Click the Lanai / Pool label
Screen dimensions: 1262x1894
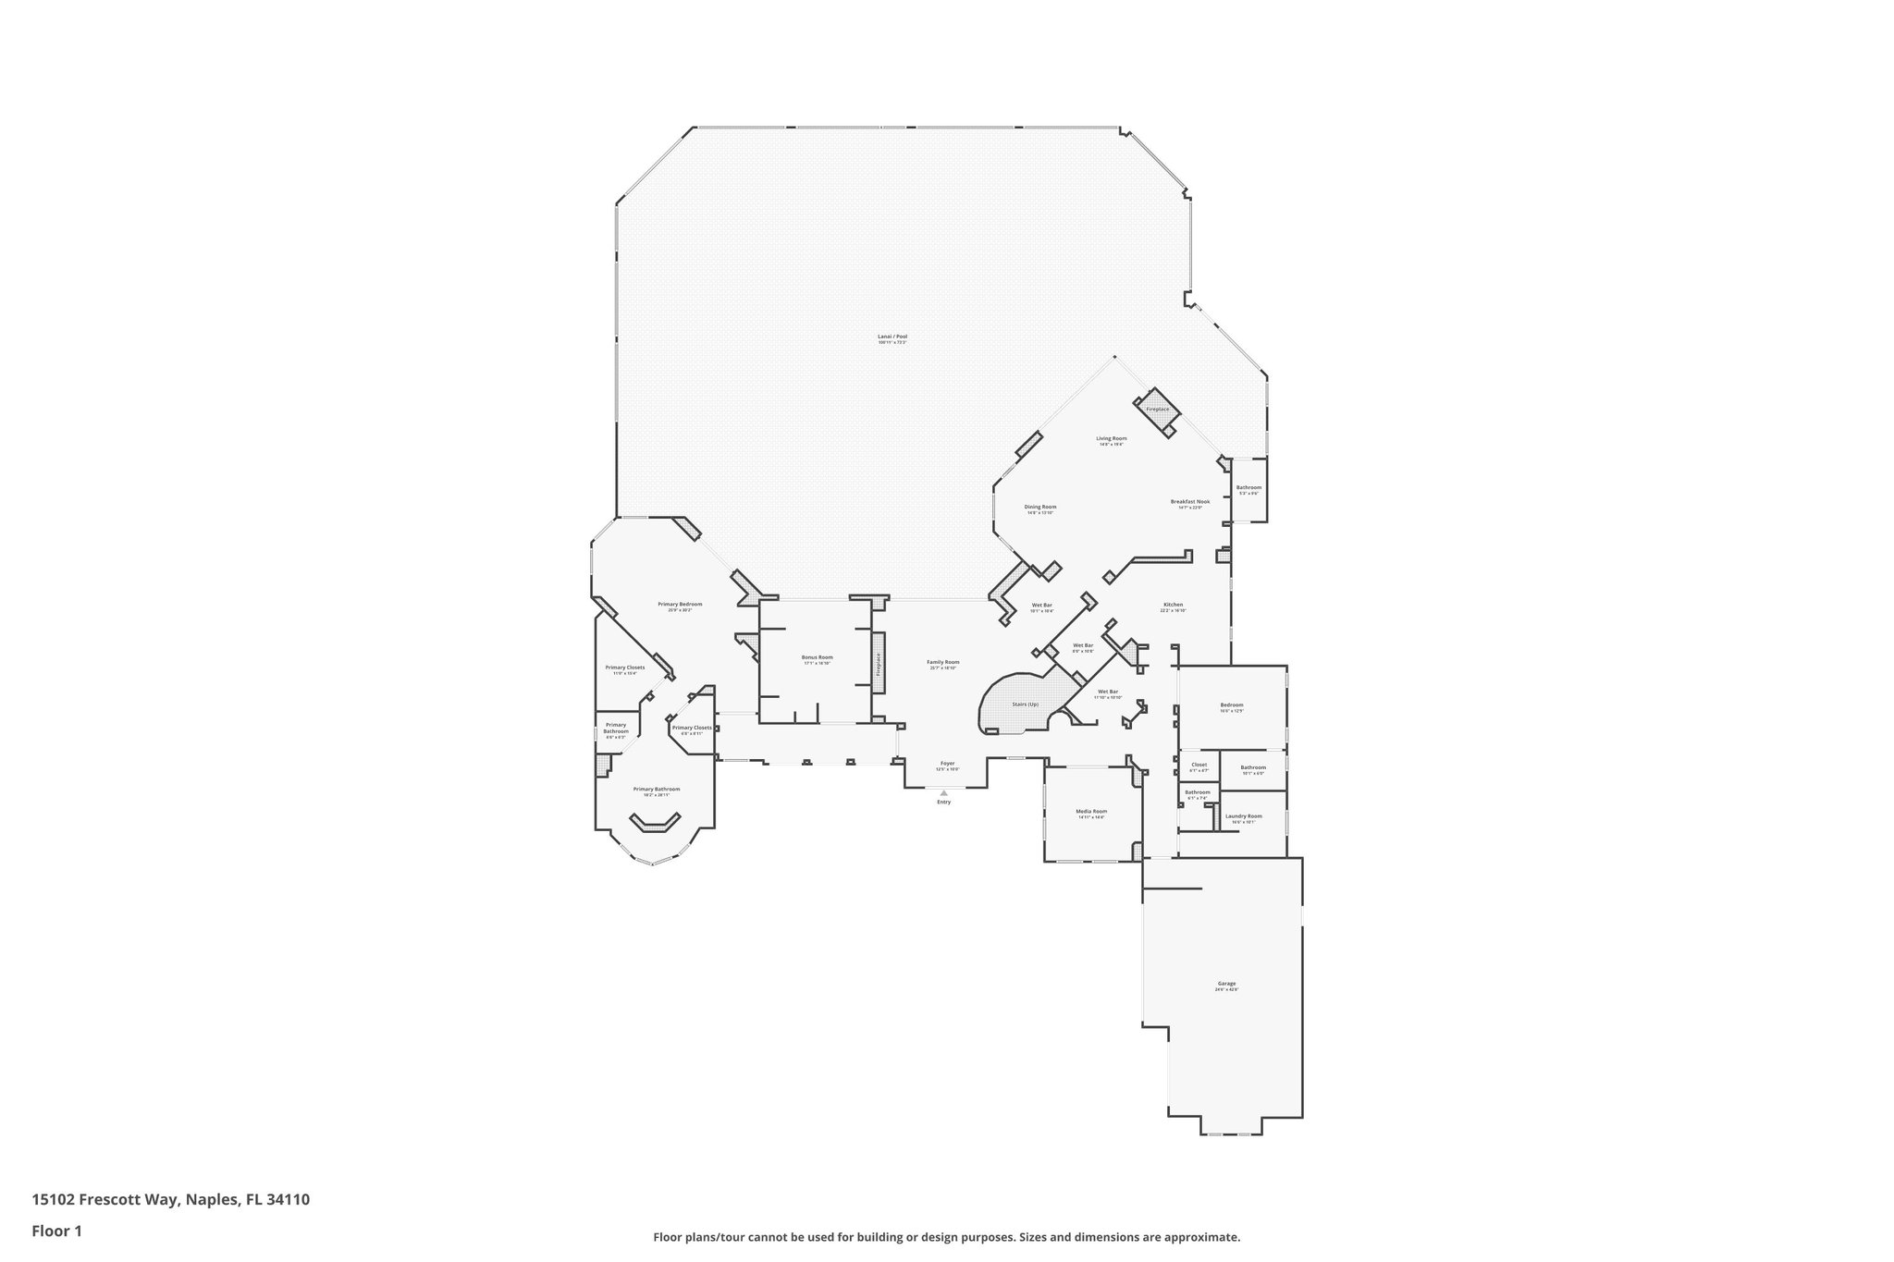[x=892, y=337]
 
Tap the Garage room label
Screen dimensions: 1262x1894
[x=1226, y=984]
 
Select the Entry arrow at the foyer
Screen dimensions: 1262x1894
[x=943, y=792]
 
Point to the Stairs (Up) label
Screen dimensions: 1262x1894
[x=1025, y=705]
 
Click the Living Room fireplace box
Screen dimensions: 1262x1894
[x=1157, y=409]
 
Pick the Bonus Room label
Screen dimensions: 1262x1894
[x=817, y=657]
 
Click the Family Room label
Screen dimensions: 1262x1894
[x=943, y=662]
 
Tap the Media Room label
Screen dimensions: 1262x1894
[x=1091, y=812]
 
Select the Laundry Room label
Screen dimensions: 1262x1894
[x=1243, y=815]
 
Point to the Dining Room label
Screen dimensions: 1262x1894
[x=1040, y=507]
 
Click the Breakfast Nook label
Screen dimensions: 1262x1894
[x=1189, y=502]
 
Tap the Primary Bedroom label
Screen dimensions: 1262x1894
[x=680, y=605]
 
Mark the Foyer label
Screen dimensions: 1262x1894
[x=947, y=764]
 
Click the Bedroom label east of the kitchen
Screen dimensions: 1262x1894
[x=1231, y=705]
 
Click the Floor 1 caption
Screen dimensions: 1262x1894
[x=56, y=1231]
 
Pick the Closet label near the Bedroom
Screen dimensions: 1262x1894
[x=1199, y=765]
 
